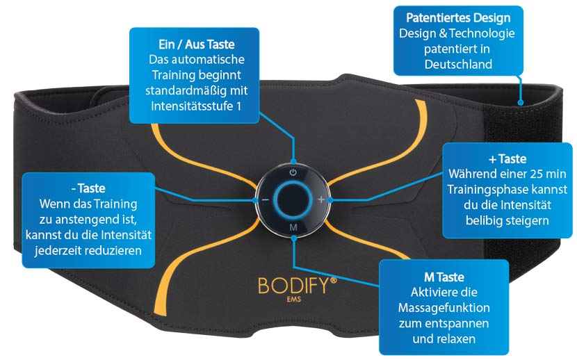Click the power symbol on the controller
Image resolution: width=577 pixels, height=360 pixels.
click(293, 172)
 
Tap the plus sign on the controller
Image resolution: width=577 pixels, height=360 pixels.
click(321, 199)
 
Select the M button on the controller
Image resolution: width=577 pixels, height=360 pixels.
click(293, 228)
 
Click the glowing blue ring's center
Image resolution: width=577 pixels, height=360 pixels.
click(293, 199)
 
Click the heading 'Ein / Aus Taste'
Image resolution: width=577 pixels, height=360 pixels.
click(196, 44)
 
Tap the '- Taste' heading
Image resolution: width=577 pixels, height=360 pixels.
click(88, 188)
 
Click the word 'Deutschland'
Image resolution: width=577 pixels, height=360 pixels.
click(456, 65)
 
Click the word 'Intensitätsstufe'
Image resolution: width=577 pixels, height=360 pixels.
click(190, 106)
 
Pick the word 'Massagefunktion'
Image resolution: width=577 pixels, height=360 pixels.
click(444, 306)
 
